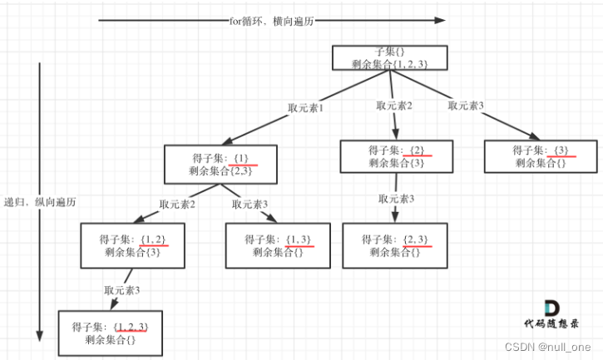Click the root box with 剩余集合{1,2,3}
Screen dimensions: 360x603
(390, 57)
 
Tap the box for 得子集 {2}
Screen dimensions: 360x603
(397, 156)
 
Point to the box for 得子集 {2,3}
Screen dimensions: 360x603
(397, 245)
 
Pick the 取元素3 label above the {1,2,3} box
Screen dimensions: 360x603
(122, 290)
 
